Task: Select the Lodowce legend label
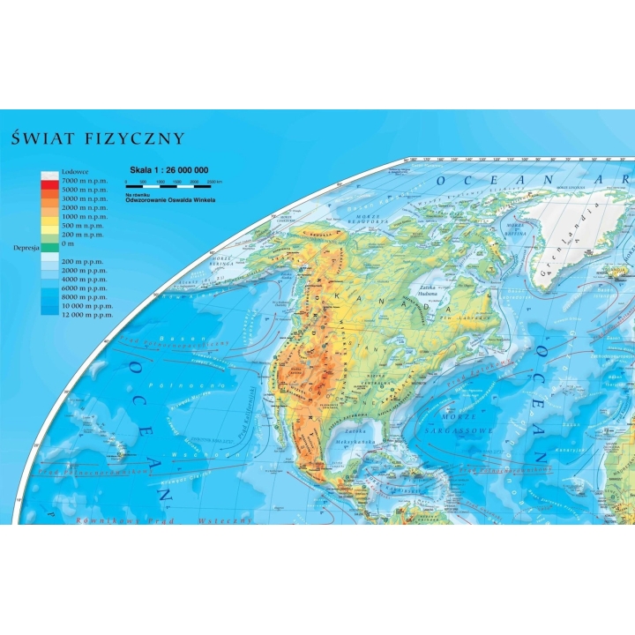coord(73,174)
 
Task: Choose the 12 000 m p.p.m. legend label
coord(85,314)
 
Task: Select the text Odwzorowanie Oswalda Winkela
coord(168,198)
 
